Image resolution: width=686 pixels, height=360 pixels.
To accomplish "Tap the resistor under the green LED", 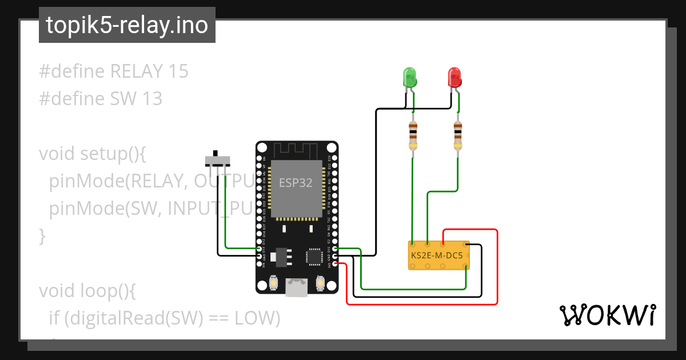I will (x=413, y=137).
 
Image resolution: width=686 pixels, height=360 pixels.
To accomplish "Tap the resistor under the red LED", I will (x=457, y=137).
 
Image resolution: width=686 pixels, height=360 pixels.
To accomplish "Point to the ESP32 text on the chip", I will (x=296, y=183).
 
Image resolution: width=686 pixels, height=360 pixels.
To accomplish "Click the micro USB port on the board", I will (x=297, y=287).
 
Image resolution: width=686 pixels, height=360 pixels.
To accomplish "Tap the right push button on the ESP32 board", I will (x=320, y=283).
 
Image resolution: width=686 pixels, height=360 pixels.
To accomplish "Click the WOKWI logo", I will (x=607, y=315).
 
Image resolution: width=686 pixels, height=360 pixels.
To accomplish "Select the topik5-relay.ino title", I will (x=127, y=26).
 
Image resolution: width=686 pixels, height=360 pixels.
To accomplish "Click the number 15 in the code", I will (x=178, y=71).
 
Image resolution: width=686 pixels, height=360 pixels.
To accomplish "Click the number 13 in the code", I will (x=153, y=99).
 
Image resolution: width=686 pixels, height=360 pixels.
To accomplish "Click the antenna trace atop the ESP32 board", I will (x=297, y=151).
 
